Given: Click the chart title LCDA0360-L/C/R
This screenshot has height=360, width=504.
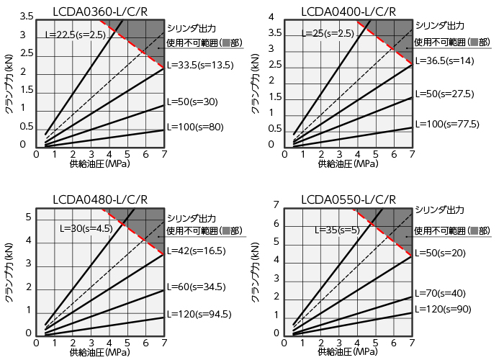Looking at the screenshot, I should [101, 10].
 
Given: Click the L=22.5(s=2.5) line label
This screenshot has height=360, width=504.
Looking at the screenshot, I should [76, 34].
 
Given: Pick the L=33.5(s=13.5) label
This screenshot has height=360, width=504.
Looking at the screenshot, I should [201, 64].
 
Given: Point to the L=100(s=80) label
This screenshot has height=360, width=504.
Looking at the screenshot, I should [195, 127].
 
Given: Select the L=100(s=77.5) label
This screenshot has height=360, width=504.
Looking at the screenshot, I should [446, 124].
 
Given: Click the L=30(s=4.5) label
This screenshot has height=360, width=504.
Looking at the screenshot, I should [86, 229].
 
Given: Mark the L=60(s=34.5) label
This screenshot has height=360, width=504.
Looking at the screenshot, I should [196, 287].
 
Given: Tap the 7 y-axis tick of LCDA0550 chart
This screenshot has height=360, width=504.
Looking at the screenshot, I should [276, 206].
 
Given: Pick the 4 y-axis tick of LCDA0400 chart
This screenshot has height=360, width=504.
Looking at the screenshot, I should [273, 17].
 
